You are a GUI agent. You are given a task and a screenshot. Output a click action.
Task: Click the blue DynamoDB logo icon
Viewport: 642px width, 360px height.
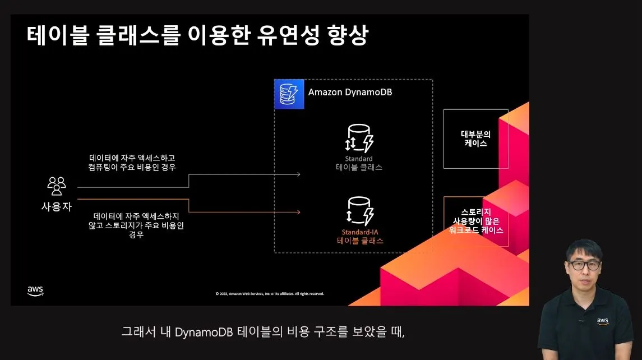click(x=289, y=94)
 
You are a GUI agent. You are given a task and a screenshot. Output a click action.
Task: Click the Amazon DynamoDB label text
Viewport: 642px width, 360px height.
click(x=350, y=92)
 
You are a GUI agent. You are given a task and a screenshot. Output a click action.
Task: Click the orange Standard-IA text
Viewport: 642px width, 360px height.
click(x=360, y=232)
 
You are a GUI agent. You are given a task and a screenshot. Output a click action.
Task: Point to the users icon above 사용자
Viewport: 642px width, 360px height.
click(x=57, y=186)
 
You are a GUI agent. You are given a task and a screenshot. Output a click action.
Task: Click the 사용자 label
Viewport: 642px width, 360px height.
click(x=57, y=206)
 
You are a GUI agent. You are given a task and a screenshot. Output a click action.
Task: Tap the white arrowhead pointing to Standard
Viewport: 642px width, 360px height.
click(x=298, y=174)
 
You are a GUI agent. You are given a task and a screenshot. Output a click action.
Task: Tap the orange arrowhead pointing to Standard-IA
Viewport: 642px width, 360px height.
click(x=298, y=212)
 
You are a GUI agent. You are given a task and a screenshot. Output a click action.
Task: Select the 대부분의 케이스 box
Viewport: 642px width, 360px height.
click(x=475, y=139)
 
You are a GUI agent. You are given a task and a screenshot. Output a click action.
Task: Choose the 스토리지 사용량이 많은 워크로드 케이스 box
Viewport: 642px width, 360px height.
click(x=475, y=221)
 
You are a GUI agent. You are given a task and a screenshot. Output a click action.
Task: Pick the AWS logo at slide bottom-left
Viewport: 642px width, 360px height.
click(x=35, y=290)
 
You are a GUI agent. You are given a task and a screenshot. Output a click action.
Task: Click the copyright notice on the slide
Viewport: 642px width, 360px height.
click(x=270, y=293)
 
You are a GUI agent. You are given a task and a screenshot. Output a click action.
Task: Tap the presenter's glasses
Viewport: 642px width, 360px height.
click(x=584, y=265)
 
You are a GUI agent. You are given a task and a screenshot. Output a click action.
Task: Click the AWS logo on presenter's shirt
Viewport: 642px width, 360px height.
click(x=603, y=321)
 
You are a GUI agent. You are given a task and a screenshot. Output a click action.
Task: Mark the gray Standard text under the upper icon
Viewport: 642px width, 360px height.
click(x=359, y=159)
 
